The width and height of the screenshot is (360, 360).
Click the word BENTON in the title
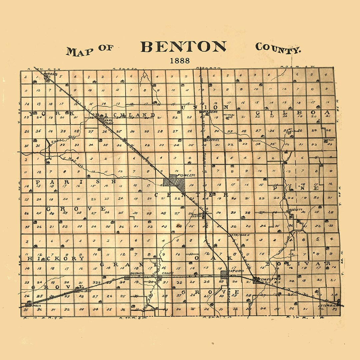coord(184,47)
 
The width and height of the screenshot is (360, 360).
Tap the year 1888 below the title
coord(180,61)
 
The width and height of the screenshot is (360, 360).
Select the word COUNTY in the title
coord(278,48)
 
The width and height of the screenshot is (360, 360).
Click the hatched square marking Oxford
coord(225,275)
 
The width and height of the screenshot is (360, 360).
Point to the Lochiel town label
coord(213,140)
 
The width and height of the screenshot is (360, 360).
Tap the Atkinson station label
coord(240,235)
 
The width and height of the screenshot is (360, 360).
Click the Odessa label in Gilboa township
coord(328,140)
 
